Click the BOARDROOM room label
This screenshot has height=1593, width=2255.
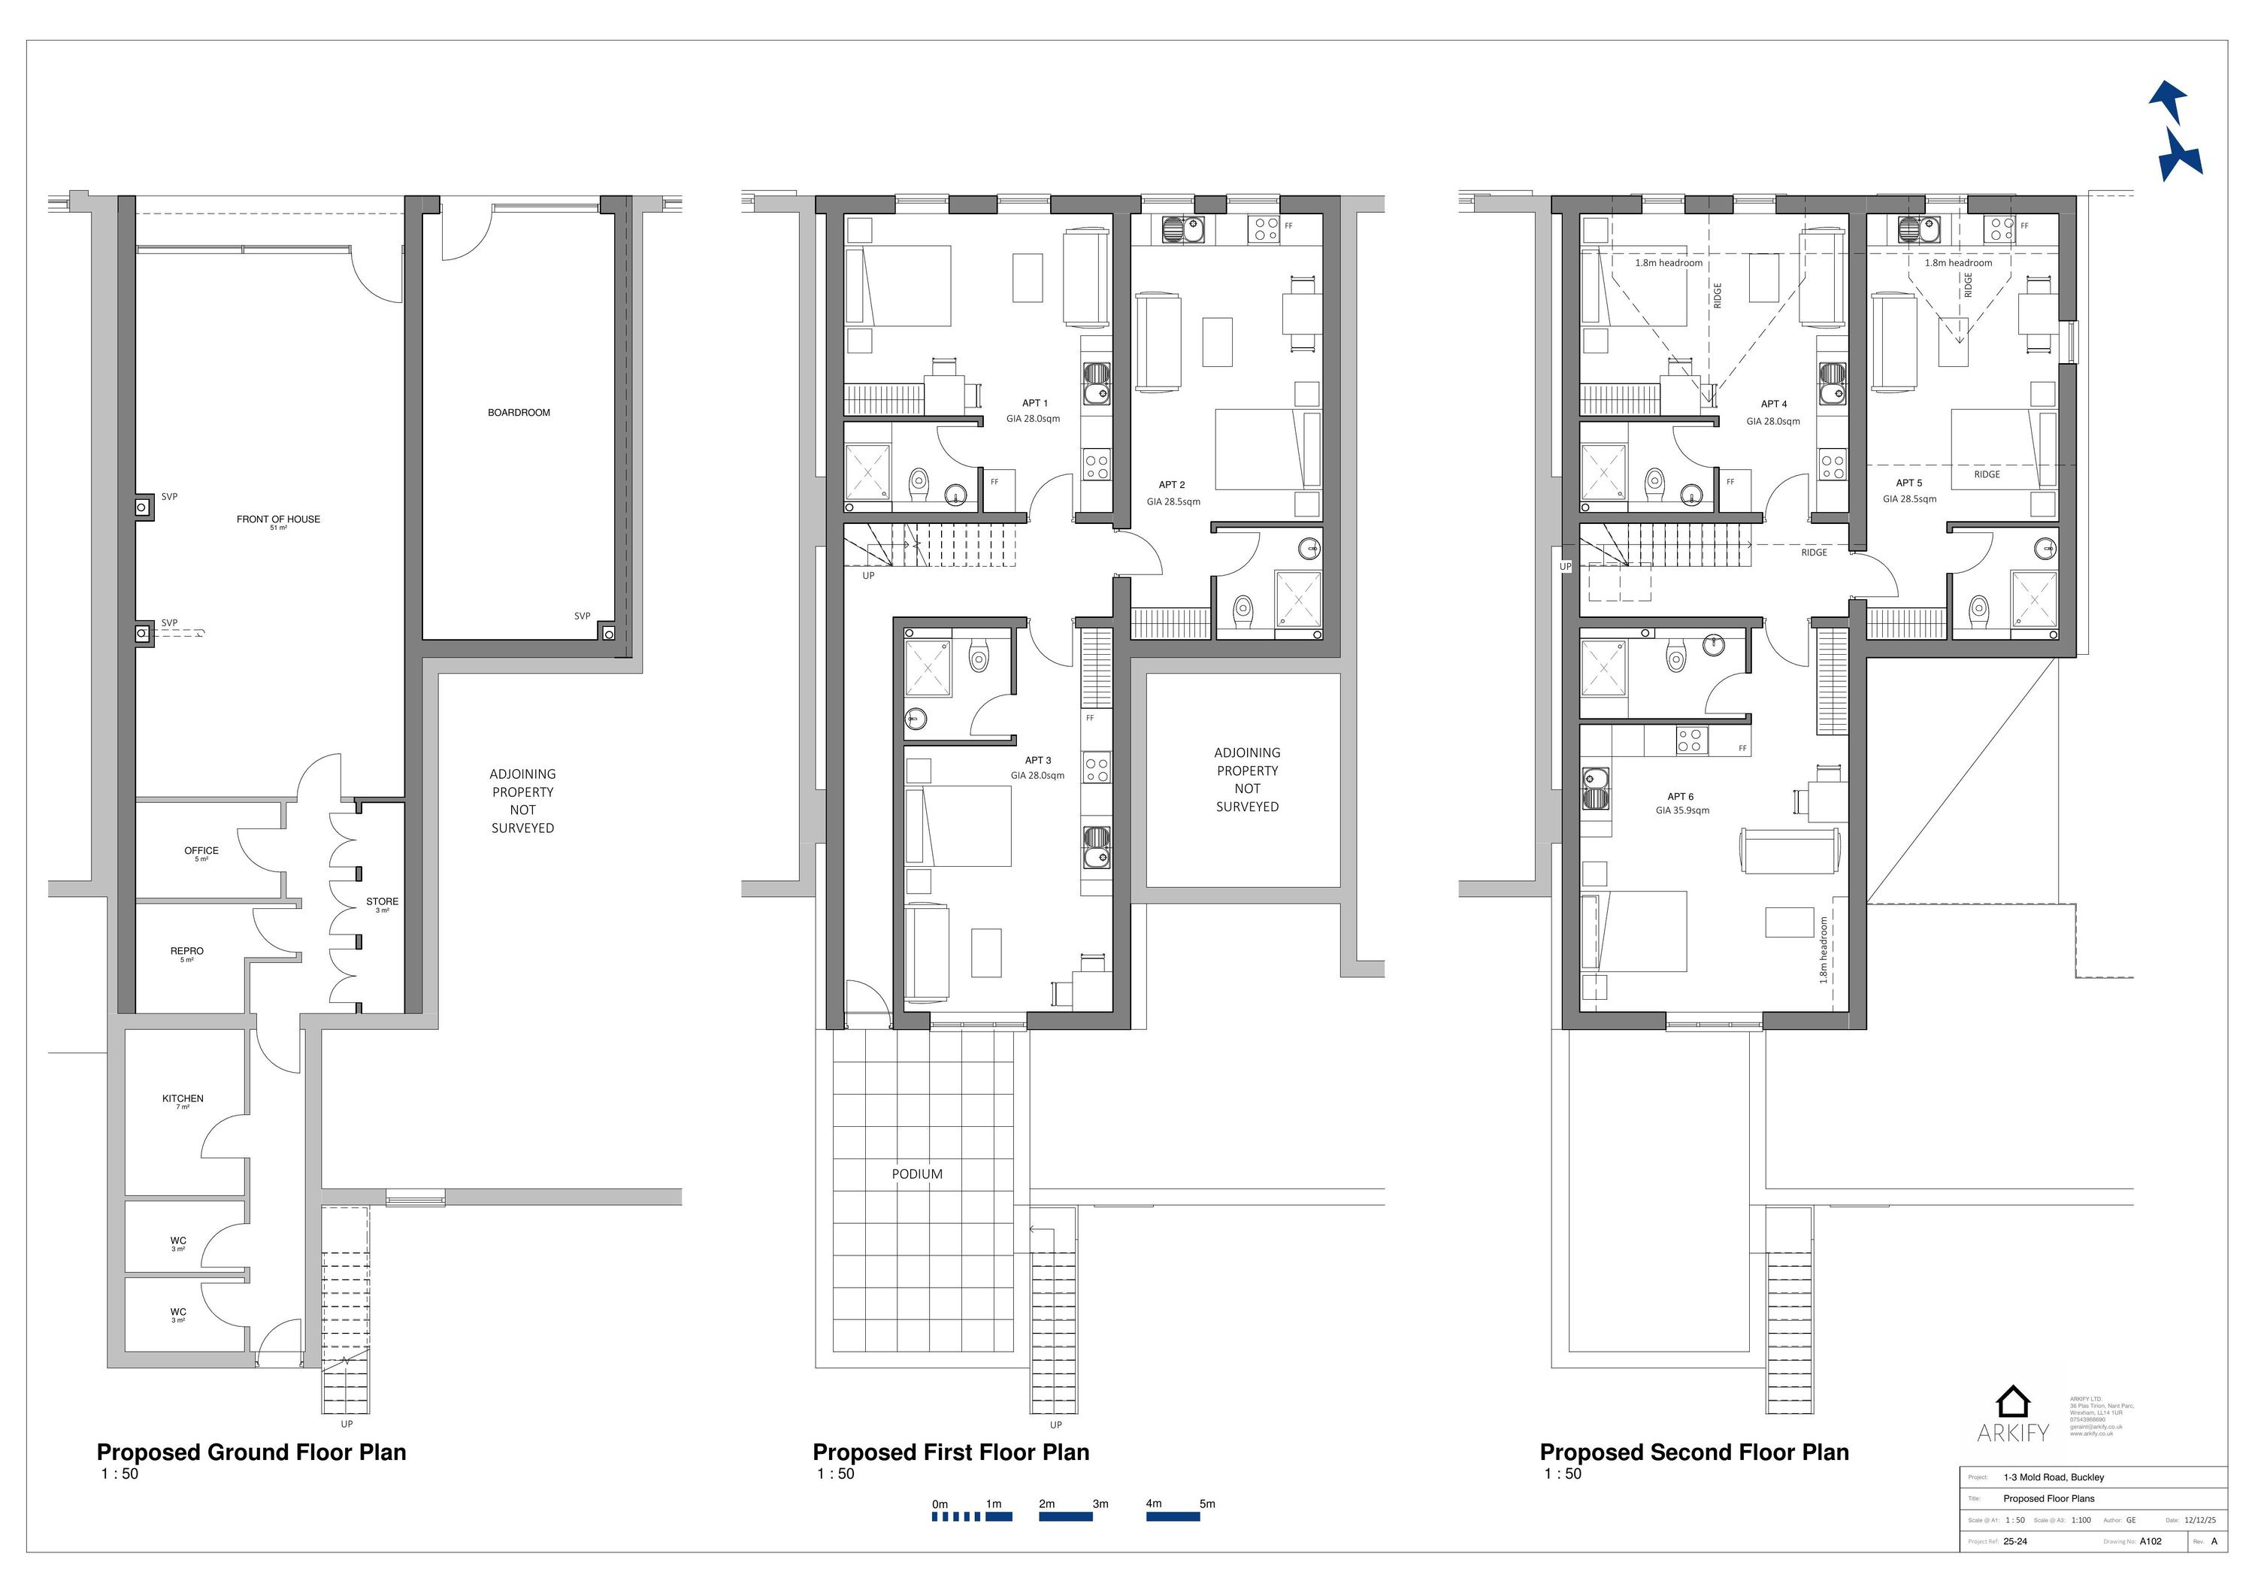(x=519, y=413)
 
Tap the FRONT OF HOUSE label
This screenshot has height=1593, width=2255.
(x=278, y=519)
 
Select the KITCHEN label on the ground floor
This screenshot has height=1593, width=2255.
(x=183, y=1099)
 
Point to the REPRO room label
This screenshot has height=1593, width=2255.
(x=186, y=951)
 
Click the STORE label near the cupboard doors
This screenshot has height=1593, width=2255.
(x=382, y=901)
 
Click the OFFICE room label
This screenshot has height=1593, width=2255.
(x=201, y=850)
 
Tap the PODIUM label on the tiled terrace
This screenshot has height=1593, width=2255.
(x=916, y=1174)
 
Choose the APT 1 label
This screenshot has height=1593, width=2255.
(x=1034, y=404)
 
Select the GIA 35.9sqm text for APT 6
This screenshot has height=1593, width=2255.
(x=1681, y=811)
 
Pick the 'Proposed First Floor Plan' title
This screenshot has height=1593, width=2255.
(x=950, y=1452)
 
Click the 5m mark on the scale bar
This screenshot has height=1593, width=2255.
(x=1206, y=1504)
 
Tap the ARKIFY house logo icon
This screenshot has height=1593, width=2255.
(x=2012, y=1401)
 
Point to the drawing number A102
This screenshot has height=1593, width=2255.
(x=2150, y=1541)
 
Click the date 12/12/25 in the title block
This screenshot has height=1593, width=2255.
(x=2199, y=1519)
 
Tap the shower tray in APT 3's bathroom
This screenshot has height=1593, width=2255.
(x=927, y=668)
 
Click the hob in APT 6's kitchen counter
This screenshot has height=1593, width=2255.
(x=1690, y=740)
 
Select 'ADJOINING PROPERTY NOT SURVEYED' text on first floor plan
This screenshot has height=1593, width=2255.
(x=1246, y=779)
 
